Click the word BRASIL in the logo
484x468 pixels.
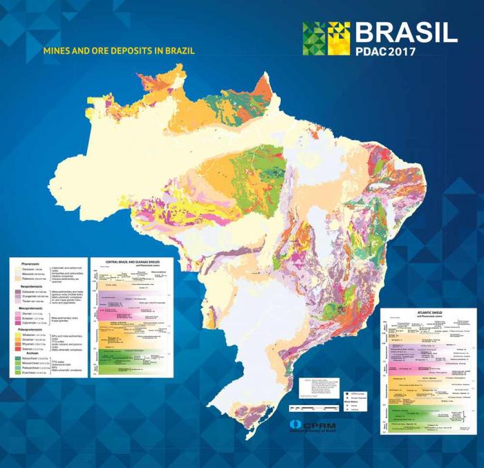[406, 33]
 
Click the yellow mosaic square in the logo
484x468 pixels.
[338, 39]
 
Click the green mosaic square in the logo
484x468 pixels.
[313, 39]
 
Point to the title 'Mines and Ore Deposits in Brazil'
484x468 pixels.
[119, 50]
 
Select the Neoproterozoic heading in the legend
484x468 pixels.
[31, 286]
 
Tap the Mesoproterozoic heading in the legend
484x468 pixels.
[31, 308]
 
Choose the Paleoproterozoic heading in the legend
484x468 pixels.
[32, 330]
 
